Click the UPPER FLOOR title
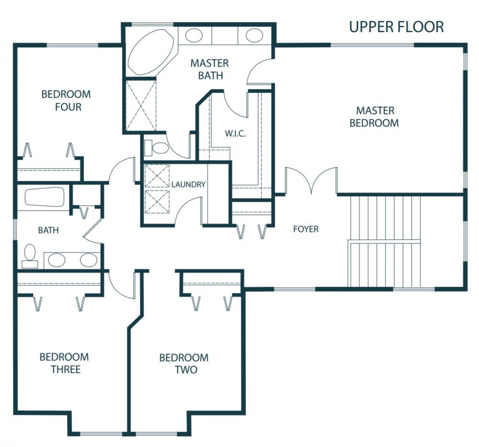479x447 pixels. (x=396, y=27)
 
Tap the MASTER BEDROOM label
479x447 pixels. (x=375, y=117)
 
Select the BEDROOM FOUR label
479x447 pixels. (x=66, y=100)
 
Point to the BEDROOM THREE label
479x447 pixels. (x=65, y=363)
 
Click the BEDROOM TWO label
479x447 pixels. (x=184, y=364)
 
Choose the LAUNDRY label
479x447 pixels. (x=188, y=185)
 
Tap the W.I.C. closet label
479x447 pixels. (x=235, y=134)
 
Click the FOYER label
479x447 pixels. (x=306, y=229)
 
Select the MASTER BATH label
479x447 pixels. (x=210, y=69)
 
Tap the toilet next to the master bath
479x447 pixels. (x=157, y=148)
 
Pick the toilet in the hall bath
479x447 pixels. (x=30, y=257)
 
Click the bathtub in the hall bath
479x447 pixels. (x=45, y=197)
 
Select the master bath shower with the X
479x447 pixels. (x=141, y=106)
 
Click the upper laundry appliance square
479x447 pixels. (x=157, y=176)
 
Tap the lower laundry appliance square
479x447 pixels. (x=157, y=202)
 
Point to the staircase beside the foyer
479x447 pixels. (x=385, y=241)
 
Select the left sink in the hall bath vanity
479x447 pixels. (x=57, y=260)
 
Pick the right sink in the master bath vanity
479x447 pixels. (x=254, y=35)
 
